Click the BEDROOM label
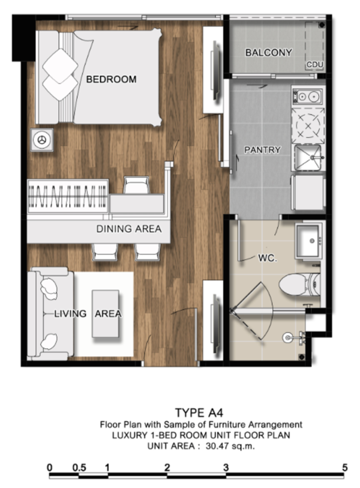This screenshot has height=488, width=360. (111, 79)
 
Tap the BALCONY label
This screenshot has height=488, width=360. (269, 53)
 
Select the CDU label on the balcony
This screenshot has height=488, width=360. (315, 65)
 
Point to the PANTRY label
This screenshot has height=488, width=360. (262, 150)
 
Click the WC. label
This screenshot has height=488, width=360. (267, 258)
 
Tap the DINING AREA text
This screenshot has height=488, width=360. (129, 229)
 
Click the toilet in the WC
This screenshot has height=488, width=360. (299, 284)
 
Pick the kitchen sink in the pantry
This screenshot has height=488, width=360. (308, 157)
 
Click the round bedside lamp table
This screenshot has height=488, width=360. (41, 140)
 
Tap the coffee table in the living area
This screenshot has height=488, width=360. (106, 314)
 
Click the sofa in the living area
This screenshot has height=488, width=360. (50, 314)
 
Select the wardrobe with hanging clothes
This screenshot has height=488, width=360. (68, 197)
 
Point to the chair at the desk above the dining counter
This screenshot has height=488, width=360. (136, 185)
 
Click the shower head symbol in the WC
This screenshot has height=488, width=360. (288, 338)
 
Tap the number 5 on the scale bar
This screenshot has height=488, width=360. (344, 468)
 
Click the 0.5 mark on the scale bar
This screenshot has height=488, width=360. (79, 468)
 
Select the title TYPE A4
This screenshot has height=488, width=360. (199, 413)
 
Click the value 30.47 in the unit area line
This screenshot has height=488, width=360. (217, 446)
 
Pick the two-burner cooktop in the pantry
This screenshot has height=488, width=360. (307, 97)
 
